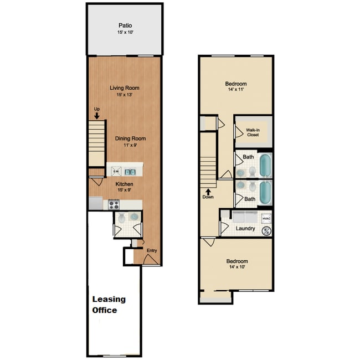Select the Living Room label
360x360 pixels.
(x=125, y=88)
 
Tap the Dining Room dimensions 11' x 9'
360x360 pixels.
(x=130, y=145)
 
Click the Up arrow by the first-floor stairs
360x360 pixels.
(x=96, y=116)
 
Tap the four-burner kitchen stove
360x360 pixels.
(x=114, y=204)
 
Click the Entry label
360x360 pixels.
(x=152, y=250)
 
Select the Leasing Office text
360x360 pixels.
(x=109, y=305)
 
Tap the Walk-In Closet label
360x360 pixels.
(x=253, y=132)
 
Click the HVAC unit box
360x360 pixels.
(x=266, y=218)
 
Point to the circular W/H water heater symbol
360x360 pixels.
(x=265, y=231)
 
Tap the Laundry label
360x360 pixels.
(x=245, y=228)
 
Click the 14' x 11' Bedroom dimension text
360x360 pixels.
(x=236, y=89)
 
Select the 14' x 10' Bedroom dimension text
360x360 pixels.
(x=236, y=267)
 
